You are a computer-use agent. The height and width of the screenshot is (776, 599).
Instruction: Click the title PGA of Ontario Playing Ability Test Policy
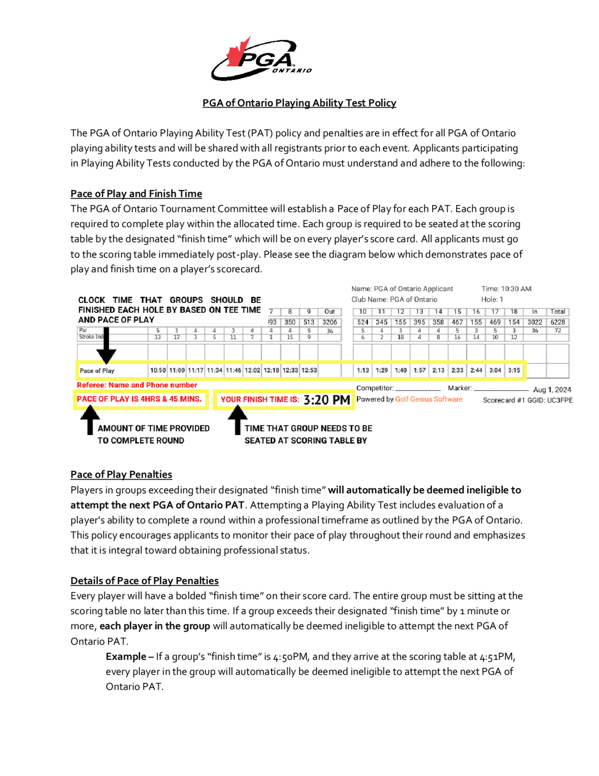coord(299,103)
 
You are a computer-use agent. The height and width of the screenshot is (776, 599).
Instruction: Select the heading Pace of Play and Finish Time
coord(136,194)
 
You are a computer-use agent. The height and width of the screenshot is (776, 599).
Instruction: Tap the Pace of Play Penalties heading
coord(121,474)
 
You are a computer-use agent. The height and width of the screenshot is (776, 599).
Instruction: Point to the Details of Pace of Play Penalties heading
coord(144,581)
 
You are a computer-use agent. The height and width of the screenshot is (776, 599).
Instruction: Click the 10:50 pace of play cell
coord(158,370)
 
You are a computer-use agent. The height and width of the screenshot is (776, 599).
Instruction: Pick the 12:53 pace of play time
coord(309,370)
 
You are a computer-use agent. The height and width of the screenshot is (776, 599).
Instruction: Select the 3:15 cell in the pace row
coord(514,370)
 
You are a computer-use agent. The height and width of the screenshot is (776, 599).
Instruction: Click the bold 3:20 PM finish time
coord(327,400)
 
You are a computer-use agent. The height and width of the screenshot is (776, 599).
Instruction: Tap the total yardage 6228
coord(557,322)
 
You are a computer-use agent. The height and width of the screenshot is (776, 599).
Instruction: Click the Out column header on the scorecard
coord(330,312)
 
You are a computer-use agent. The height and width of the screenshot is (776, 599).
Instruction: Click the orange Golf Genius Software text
coord(429,399)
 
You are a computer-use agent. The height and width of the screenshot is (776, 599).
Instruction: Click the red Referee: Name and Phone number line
coord(137,385)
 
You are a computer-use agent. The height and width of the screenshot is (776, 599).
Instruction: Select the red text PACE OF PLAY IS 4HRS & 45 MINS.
coord(139,399)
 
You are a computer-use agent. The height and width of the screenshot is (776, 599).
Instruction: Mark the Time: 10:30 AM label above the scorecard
coord(506,289)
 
